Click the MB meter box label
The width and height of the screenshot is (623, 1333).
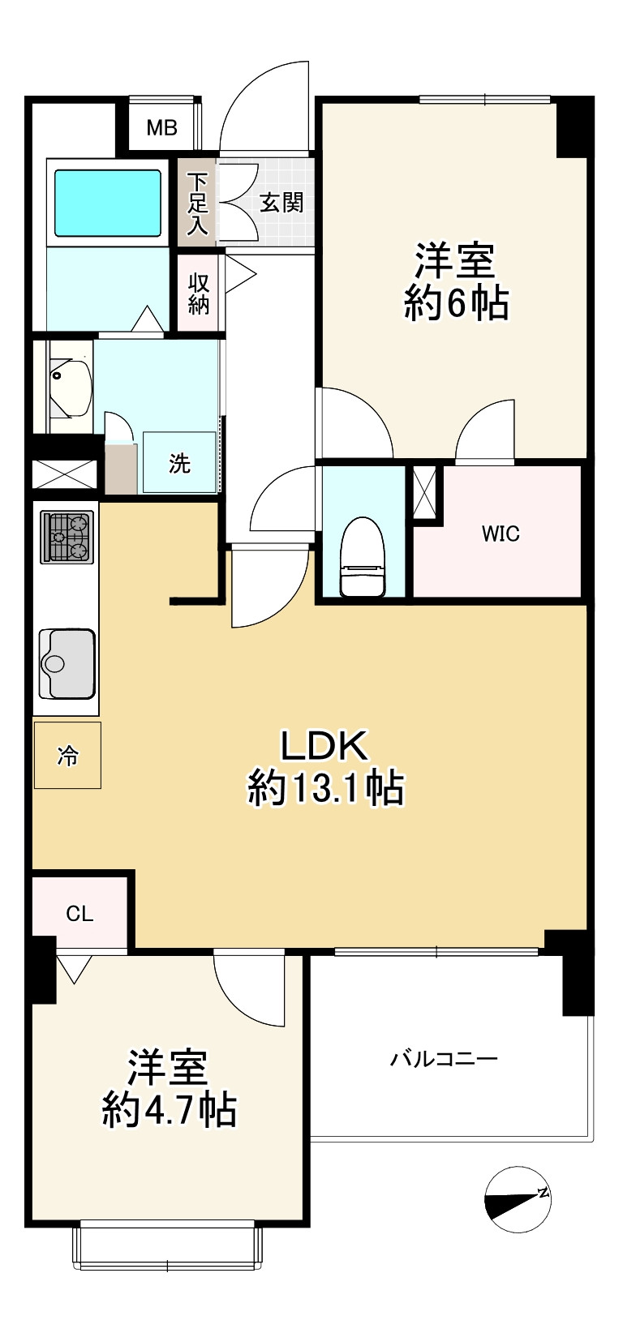tap(162, 128)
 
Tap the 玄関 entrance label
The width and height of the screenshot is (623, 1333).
tap(281, 203)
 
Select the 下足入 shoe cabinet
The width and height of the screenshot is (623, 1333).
tap(197, 203)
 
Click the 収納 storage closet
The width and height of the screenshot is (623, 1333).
tap(198, 293)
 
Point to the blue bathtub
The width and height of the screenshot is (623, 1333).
tap(108, 204)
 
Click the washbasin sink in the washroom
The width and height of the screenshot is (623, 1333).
tap(71, 388)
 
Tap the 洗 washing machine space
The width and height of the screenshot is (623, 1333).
tap(179, 462)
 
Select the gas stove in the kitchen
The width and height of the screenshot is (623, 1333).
tap(67, 538)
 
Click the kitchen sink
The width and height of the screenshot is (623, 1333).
tap(67, 663)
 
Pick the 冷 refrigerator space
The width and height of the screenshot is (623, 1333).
tap(67, 755)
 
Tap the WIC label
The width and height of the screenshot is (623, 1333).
tap(501, 534)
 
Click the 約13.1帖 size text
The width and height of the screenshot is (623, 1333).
tap(326, 788)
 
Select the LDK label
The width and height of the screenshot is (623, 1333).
tap(324, 746)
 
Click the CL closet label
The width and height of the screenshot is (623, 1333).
tap(79, 914)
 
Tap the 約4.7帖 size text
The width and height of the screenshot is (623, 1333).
tap(170, 1108)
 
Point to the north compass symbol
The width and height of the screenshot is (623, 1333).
tap(518, 1200)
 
